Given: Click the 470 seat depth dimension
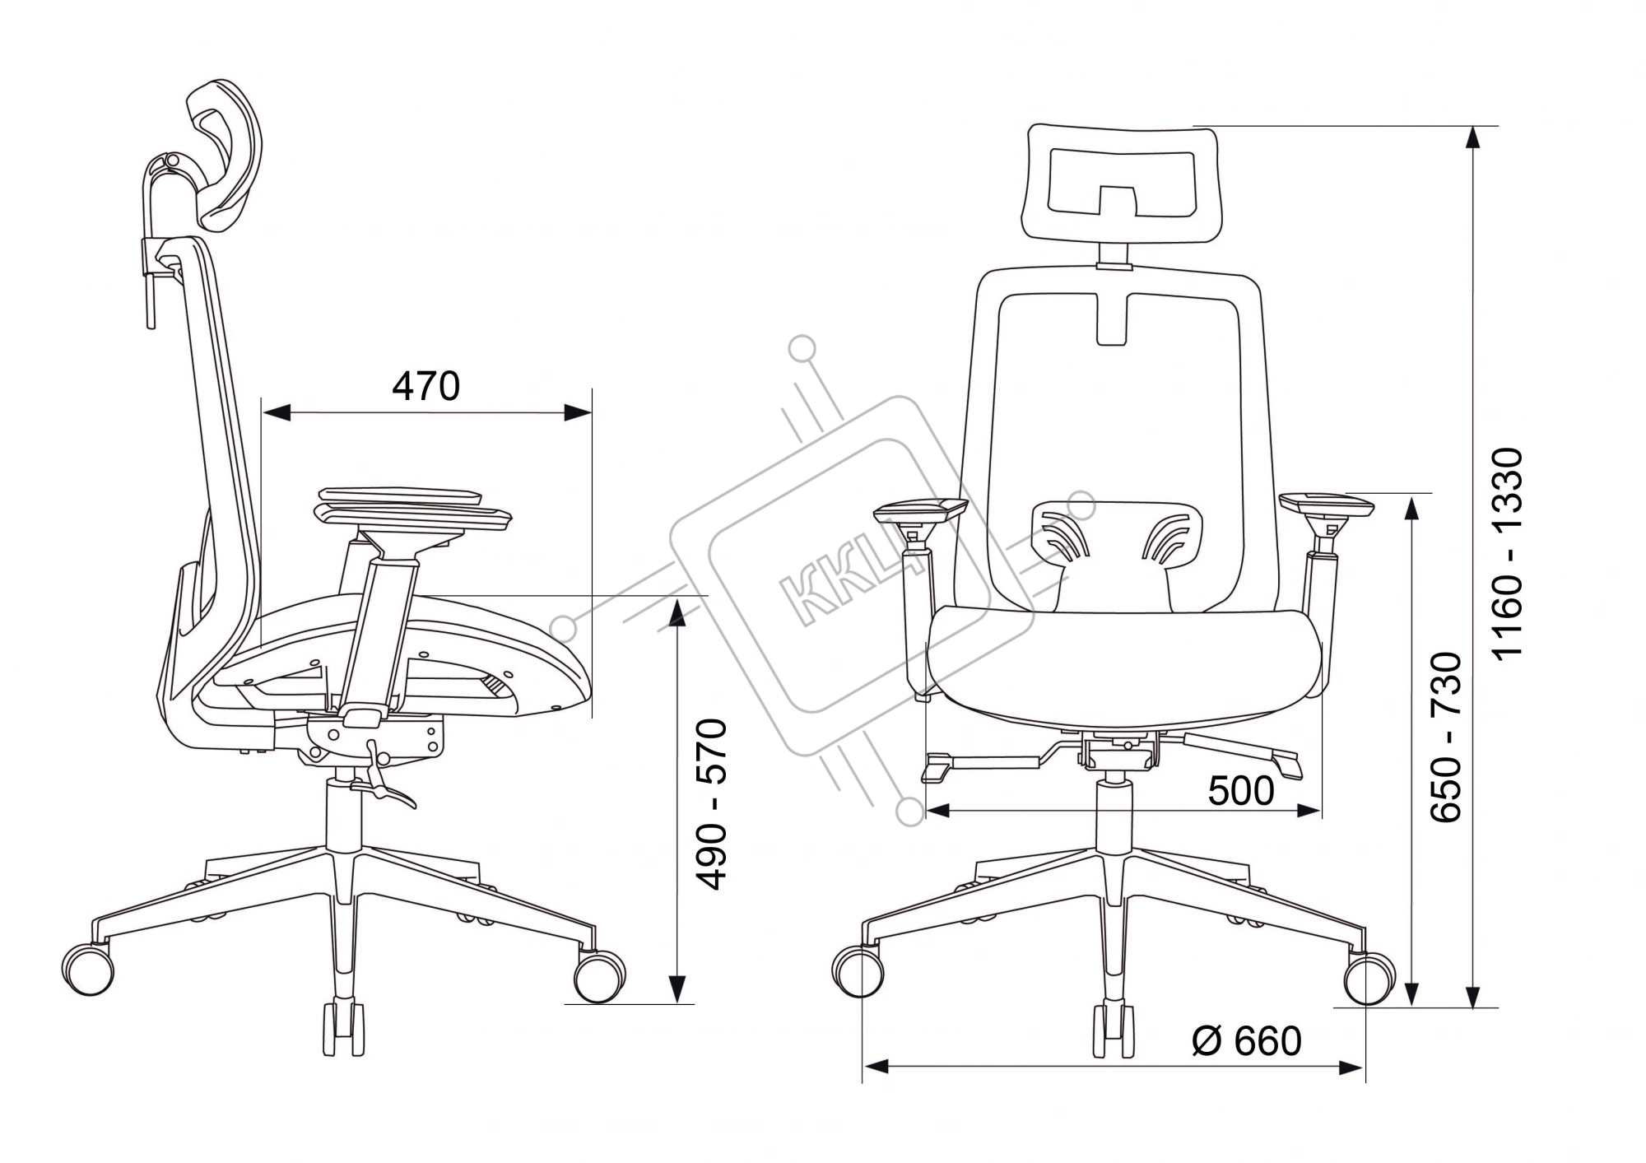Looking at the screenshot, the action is (x=425, y=386).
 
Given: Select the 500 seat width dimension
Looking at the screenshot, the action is (x=1241, y=791).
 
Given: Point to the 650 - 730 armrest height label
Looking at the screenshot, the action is (x=1445, y=737).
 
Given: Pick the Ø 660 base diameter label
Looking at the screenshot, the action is (x=1247, y=1041).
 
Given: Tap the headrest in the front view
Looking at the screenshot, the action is (x=1121, y=184).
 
